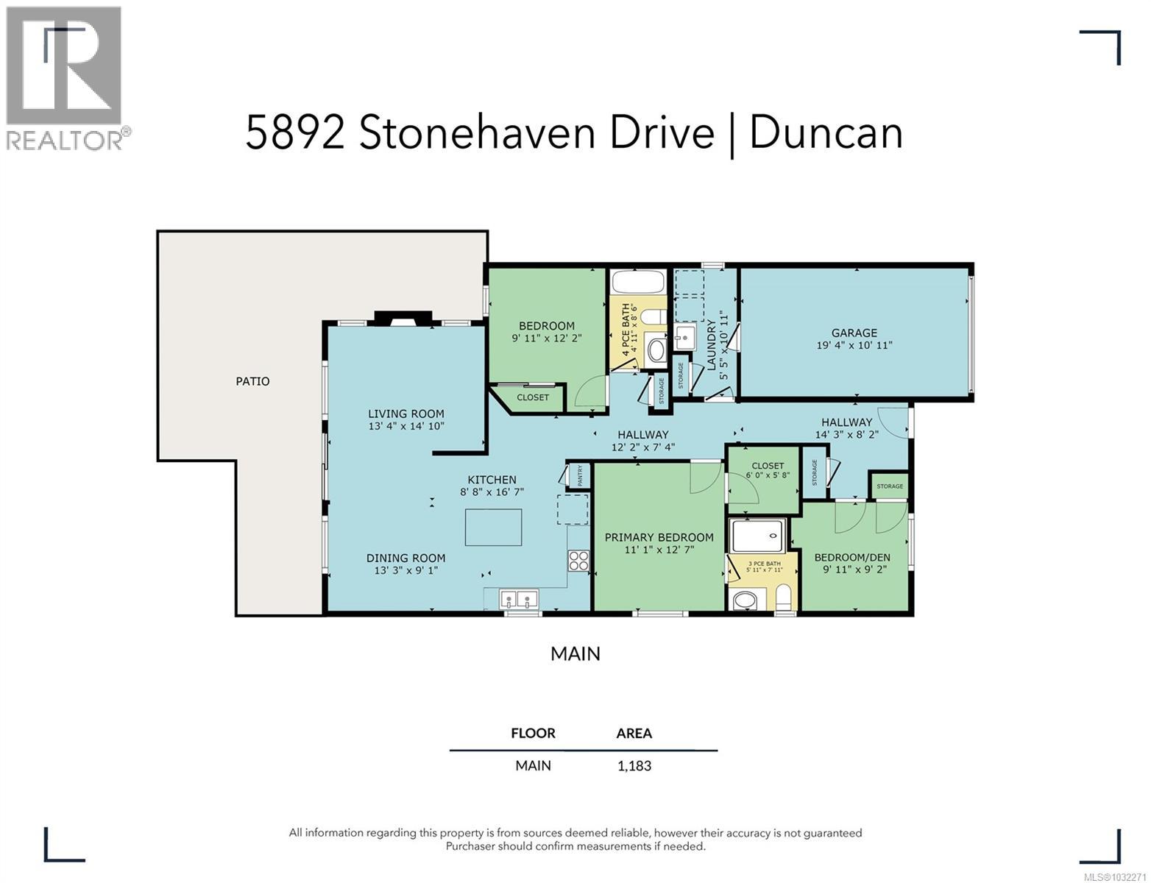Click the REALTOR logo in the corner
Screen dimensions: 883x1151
pos(65,77)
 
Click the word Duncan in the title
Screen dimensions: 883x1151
pos(826,134)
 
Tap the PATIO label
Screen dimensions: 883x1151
pos(252,381)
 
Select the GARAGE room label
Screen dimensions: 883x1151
pos(854,333)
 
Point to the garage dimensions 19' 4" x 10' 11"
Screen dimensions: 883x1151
pos(854,345)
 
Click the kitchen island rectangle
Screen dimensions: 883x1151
pos(493,527)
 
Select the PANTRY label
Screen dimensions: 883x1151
pos(580,476)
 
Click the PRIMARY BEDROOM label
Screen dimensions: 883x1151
pos(659,537)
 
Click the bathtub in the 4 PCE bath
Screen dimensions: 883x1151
pos(638,283)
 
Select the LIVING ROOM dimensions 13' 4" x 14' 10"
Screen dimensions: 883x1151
pos(406,426)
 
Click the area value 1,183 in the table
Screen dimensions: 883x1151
pos(634,765)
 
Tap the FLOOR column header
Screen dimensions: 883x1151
pos(533,733)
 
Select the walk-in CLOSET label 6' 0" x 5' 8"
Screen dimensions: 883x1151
pos(768,466)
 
